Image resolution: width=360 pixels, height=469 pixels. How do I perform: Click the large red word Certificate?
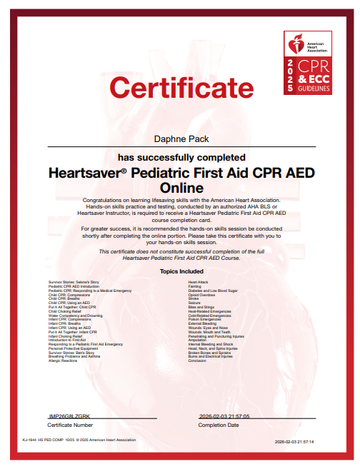tap(176, 88)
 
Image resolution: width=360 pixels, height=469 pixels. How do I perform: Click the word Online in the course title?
tap(180, 187)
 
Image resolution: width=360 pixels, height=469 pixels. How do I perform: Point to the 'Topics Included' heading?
tap(180, 271)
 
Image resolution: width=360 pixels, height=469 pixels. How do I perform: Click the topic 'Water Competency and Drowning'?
tap(76, 316)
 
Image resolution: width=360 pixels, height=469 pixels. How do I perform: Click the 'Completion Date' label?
tap(219, 425)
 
